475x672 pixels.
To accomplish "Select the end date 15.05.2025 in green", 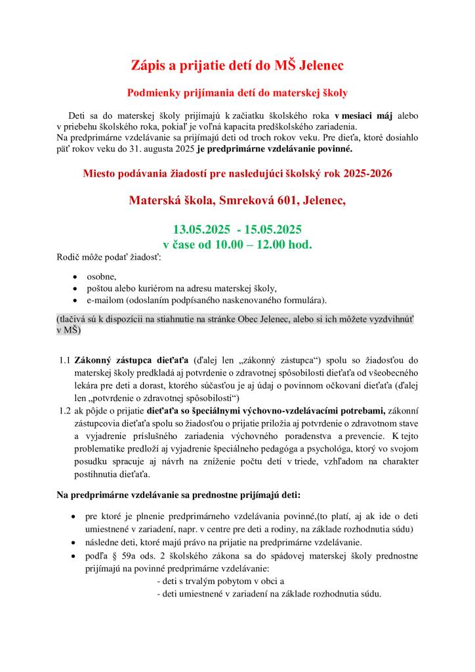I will point(273,230).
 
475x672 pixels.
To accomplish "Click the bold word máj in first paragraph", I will point(381,115).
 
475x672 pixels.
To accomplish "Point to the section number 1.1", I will point(64,360).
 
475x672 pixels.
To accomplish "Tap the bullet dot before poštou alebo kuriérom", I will point(75,289).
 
